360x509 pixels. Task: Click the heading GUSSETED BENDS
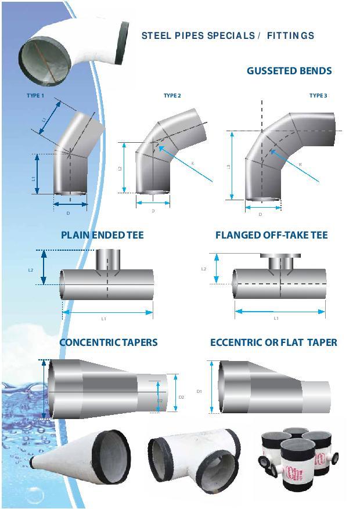click(x=289, y=71)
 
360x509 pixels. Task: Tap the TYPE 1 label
click(x=35, y=95)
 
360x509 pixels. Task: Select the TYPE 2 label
click(x=172, y=95)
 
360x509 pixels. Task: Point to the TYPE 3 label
click(x=318, y=95)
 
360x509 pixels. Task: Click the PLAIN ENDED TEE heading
click(x=102, y=235)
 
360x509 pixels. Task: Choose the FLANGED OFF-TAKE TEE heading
click(x=271, y=235)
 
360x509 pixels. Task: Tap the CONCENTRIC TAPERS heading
click(x=108, y=342)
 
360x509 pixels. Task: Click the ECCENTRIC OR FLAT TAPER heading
click(x=273, y=342)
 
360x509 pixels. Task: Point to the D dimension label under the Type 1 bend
click(x=68, y=213)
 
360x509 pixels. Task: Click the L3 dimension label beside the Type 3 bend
click(x=229, y=167)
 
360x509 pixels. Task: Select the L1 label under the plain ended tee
click(x=104, y=319)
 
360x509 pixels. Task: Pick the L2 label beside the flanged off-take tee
click(x=204, y=269)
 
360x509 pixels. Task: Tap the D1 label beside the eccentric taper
click(x=199, y=392)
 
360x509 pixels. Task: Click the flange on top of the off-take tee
click(x=280, y=256)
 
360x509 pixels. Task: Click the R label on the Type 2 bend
click(x=192, y=164)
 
